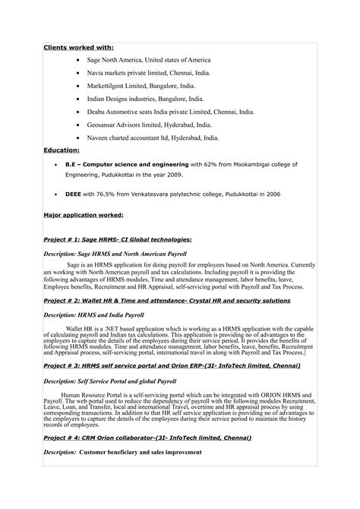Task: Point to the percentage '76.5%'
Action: [x=108, y=194]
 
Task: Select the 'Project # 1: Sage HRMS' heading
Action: [x=117, y=239]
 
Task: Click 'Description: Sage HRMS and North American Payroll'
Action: [x=115, y=253]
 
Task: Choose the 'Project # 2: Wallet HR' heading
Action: [x=166, y=301]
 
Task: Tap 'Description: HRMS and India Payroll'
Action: [x=93, y=315]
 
